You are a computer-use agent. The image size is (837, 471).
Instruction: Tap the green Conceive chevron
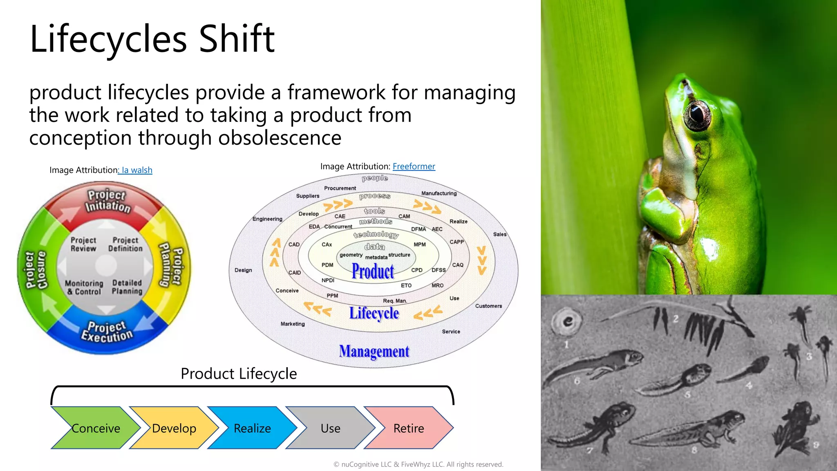(x=95, y=428)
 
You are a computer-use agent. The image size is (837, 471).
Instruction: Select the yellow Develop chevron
(x=174, y=428)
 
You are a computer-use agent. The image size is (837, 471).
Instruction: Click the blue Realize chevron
(x=252, y=428)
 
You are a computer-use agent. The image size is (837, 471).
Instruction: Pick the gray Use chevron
(x=330, y=428)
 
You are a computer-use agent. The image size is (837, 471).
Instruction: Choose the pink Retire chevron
(x=408, y=428)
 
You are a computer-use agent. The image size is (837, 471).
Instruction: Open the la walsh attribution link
(x=136, y=170)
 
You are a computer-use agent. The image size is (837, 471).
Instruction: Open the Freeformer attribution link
(x=414, y=166)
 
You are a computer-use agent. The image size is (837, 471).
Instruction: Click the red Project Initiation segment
(x=107, y=201)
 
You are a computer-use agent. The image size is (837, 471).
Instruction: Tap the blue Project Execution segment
(x=107, y=332)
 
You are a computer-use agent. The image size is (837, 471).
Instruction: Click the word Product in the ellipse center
(x=373, y=271)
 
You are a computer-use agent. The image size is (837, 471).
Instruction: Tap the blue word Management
(x=374, y=351)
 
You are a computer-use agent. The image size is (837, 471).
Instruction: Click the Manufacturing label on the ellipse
(x=439, y=193)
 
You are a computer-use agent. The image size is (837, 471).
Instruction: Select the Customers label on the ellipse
(x=488, y=306)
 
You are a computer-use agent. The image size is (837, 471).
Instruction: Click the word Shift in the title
(x=237, y=39)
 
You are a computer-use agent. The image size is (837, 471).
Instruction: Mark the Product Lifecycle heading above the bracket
(x=239, y=373)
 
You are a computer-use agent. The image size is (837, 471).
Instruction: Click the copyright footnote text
(x=418, y=464)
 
